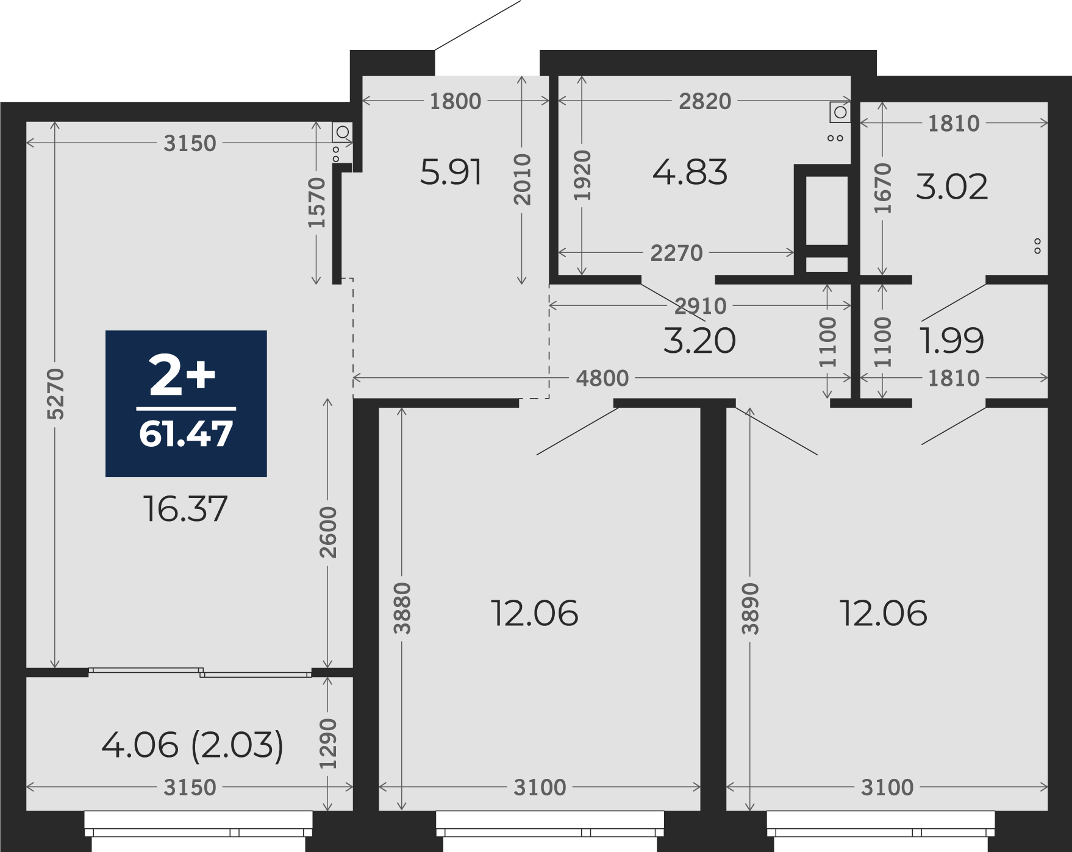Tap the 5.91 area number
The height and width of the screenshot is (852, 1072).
451,172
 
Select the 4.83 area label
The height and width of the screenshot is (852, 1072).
690,172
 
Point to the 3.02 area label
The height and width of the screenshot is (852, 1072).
951,186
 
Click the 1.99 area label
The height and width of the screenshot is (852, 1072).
952,340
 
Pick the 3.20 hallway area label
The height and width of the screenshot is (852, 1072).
699,340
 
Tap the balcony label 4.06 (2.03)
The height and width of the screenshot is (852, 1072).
192,745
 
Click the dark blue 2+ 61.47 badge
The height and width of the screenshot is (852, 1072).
186,403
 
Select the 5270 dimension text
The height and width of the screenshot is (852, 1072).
55,394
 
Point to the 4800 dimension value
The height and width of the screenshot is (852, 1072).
602,378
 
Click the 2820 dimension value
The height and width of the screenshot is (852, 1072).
705,101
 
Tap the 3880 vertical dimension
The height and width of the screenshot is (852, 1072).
402,608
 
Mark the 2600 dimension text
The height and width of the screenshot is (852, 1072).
327,532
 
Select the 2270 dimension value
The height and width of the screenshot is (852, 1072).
676,253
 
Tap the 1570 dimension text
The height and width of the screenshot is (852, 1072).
316,202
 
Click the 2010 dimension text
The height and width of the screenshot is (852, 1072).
522,179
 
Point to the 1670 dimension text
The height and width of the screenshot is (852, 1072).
882,188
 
